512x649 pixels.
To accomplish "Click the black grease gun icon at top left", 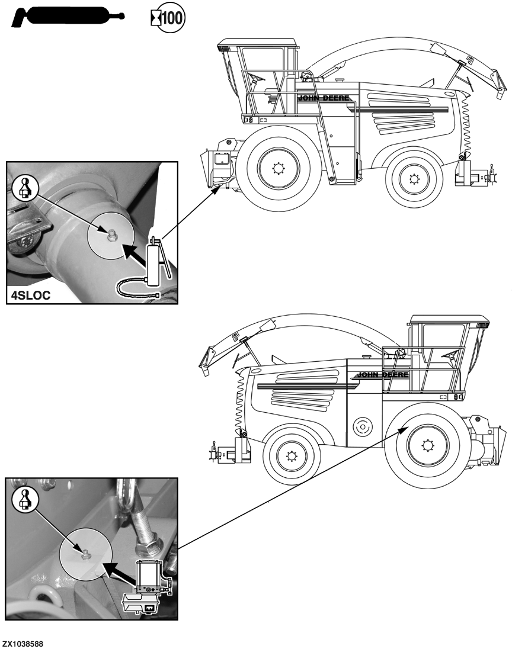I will (x=65, y=17).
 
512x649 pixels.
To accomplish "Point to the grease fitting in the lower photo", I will (x=85, y=554).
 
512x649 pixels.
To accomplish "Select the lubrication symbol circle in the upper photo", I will (x=24, y=187).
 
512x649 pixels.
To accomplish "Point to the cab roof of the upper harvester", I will (x=258, y=43).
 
